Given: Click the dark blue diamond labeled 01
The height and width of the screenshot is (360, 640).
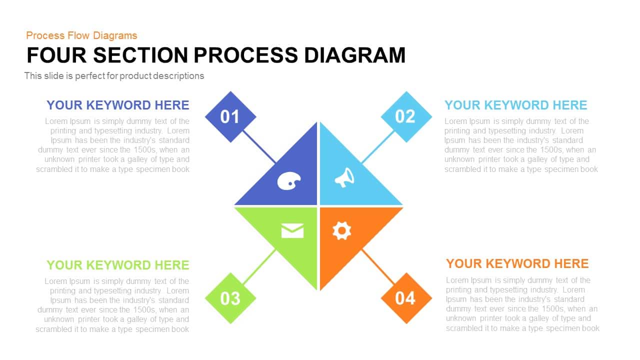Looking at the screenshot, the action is click(230, 117).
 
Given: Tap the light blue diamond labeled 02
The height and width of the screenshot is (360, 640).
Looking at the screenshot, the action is click(406, 117).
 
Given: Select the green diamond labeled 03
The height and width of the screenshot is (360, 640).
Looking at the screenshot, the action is click(230, 298).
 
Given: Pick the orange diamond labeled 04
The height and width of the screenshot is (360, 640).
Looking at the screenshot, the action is click(406, 298).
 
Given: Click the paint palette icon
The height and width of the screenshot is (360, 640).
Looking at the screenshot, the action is click(289, 181).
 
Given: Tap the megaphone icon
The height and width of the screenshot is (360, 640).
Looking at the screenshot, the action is click(344, 177).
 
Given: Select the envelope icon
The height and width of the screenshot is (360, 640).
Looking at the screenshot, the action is click(292, 231).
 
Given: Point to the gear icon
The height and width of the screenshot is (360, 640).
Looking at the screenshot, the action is click(341, 230).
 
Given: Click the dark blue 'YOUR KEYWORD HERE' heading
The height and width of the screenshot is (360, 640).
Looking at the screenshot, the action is click(117, 105).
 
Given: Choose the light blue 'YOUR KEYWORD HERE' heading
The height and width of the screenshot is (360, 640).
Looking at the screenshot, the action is click(515, 105).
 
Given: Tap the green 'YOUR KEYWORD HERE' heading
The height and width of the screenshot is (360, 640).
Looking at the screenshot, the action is click(117, 265).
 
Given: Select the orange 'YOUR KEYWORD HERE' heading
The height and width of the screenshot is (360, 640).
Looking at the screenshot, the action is click(517, 263).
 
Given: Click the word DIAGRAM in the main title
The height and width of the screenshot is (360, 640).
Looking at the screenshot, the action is click(355, 55).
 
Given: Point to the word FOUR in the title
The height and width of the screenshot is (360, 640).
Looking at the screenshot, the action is click(56, 55).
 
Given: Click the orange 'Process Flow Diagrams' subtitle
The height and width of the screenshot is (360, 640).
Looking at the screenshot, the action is click(81, 35).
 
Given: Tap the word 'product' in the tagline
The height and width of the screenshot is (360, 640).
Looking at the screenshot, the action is click(135, 76).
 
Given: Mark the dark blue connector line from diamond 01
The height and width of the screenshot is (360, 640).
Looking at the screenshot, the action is click(259, 147).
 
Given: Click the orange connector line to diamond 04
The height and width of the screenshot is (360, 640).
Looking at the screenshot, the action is click(378, 267).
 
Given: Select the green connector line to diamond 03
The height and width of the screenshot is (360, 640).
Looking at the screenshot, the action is click(259, 267).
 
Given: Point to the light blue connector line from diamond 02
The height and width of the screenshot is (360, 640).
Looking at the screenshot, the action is click(378, 147).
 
